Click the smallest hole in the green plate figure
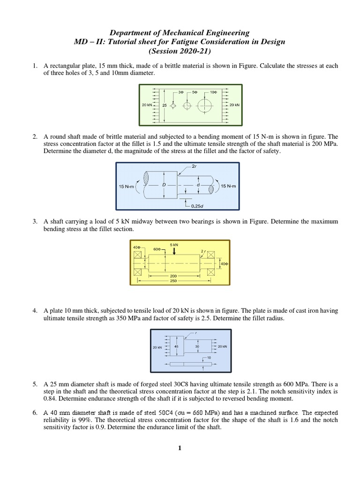coord(173,105)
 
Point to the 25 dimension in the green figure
coord(165,105)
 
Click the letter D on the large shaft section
coord(164,185)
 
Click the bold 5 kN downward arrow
coord(174,252)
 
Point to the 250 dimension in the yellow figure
coord(174,281)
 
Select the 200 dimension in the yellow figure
coord(174,276)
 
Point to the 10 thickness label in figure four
coord(209,358)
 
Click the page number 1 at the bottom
coord(180,448)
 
